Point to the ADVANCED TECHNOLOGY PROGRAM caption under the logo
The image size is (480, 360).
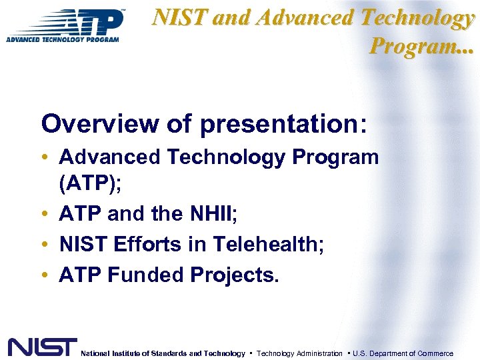pyautogui.click(x=63, y=39)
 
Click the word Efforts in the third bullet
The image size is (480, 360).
pyautogui.click(x=144, y=245)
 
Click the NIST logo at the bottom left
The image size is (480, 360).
pyautogui.click(x=42, y=347)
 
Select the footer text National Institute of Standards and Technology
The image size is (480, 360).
pyautogui.click(x=163, y=353)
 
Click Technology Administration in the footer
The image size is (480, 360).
pyautogui.click(x=299, y=353)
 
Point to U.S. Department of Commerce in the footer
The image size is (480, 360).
pyautogui.click(x=403, y=353)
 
